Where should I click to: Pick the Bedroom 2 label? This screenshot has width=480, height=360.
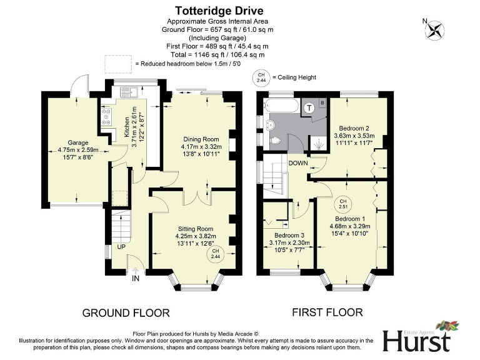click(x=354, y=134)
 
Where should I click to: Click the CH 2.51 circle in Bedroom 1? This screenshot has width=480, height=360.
click(x=343, y=204)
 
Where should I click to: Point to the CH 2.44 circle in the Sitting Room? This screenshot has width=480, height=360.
click(x=216, y=254)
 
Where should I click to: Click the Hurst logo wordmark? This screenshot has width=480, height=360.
click(x=417, y=341)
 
